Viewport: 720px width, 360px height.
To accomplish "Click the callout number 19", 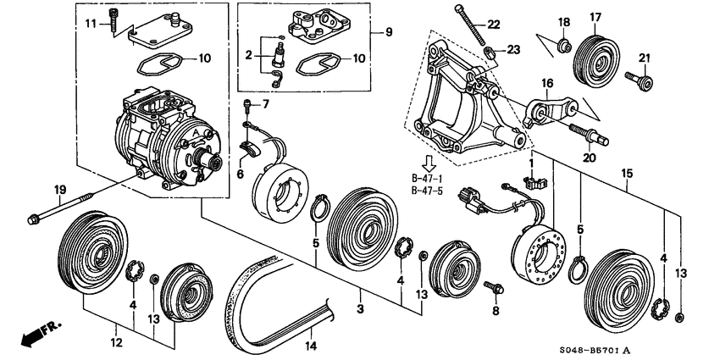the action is coord(60,189).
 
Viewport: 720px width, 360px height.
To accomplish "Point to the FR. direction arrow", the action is coord(41,334).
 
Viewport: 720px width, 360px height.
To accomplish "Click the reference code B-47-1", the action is coord(427,178).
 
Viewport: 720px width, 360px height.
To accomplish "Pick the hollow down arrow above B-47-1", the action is coord(428,163).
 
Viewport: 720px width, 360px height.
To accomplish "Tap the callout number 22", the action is coord(494,25).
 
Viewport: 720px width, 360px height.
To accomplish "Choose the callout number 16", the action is coord(547,84).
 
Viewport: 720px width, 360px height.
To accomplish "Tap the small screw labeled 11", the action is coord(113,19).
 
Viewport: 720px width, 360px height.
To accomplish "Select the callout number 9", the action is coord(389,32).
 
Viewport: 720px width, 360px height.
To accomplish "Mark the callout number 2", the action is coord(249,56).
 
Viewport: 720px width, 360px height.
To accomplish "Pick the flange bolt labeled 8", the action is coord(494,287).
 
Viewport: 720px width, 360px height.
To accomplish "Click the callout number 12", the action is coord(116,342).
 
